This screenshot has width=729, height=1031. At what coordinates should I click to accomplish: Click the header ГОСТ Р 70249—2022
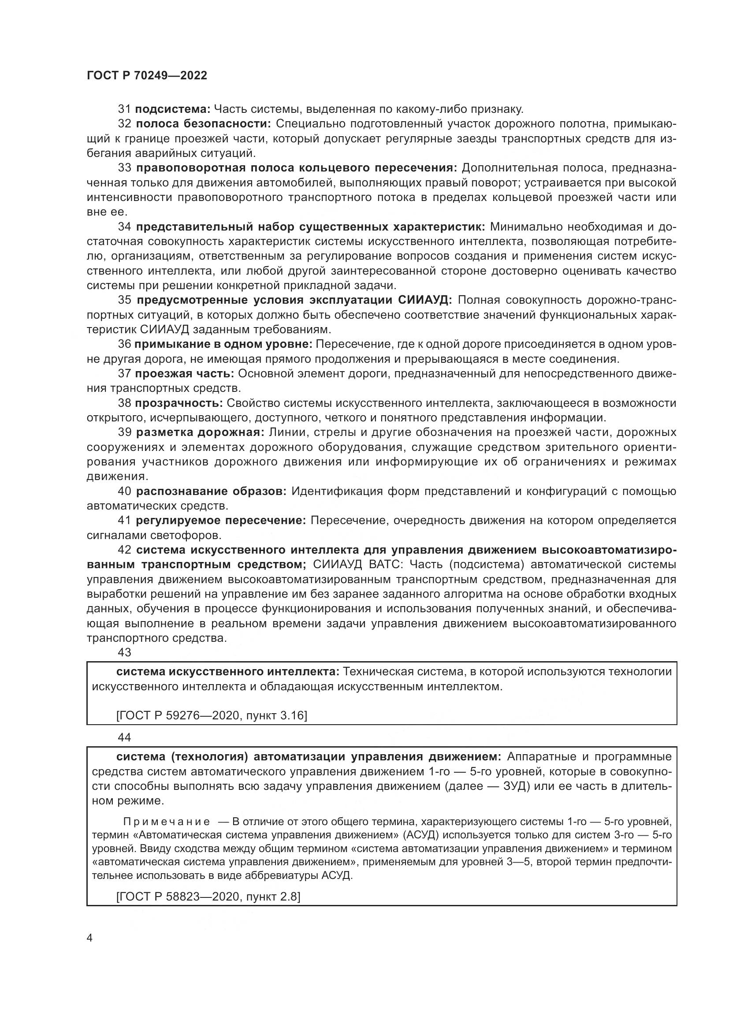pyautogui.click(x=147, y=75)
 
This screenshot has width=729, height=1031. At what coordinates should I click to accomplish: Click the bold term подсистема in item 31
pyautogui.click(x=172, y=109)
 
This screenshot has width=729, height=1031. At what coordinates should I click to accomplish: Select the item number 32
pyautogui.click(x=124, y=124)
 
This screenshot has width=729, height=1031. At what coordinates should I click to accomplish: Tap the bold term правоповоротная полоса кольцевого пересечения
pyautogui.click(x=296, y=168)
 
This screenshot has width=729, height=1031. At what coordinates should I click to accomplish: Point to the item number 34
pyautogui.click(x=124, y=227)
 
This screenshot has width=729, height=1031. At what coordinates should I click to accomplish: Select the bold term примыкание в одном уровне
pyautogui.click(x=223, y=344)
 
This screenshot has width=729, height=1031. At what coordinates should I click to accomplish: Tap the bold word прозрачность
pyautogui.click(x=179, y=403)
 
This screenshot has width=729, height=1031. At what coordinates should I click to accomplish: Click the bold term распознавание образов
pyautogui.click(x=211, y=491)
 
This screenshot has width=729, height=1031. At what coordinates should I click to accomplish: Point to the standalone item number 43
pyautogui.click(x=124, y=652)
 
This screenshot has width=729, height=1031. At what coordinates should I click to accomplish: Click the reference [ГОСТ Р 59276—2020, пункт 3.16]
pyautogui.click(x=212, y=715)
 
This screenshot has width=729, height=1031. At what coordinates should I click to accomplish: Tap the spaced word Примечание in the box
pyautogui.click(x=167, y=822)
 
